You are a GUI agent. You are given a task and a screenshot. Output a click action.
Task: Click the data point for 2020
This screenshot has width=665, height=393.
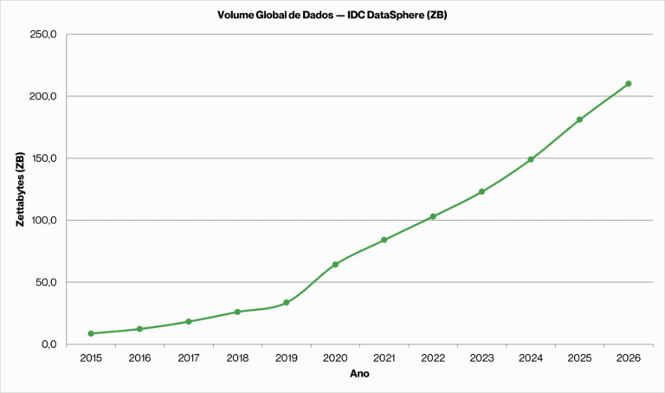[335, 265]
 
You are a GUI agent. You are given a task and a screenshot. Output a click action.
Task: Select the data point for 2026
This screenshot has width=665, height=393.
[629, 84]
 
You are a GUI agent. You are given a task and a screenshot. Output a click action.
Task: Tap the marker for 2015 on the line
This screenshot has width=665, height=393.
[91, 333]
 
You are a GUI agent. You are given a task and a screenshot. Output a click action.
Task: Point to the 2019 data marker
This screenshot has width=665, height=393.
[287, 302]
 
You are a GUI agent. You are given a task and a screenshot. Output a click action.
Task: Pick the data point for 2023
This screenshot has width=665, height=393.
[481, 191]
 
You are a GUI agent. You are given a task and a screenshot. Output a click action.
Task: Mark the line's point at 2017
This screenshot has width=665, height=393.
[189, 321]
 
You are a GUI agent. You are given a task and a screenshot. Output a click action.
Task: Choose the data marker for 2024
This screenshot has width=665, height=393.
[531, 159]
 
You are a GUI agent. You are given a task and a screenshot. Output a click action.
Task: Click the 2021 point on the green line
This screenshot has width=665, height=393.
[384, 240]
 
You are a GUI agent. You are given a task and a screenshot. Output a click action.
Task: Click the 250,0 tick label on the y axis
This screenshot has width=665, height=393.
[43, 35]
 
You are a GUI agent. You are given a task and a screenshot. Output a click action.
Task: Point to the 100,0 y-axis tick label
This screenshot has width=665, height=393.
[43, 220]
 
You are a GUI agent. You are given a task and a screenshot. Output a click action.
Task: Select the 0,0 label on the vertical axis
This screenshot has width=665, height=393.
[48, 345]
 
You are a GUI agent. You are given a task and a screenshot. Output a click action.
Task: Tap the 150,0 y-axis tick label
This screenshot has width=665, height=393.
[43, 158]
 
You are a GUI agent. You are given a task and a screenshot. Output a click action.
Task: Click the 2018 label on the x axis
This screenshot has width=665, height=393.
[237, 358]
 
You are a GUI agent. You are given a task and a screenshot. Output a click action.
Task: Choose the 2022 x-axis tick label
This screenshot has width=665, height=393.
[433, 358]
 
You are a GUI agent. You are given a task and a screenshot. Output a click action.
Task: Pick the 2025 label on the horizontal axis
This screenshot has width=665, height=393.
[579, 358]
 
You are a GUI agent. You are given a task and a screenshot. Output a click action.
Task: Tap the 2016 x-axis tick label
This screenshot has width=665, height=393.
[139, 358]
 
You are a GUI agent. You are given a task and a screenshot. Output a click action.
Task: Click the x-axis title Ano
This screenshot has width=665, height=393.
[359, 375]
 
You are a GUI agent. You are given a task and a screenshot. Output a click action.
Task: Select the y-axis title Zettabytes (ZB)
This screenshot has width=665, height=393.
[19, 190]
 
